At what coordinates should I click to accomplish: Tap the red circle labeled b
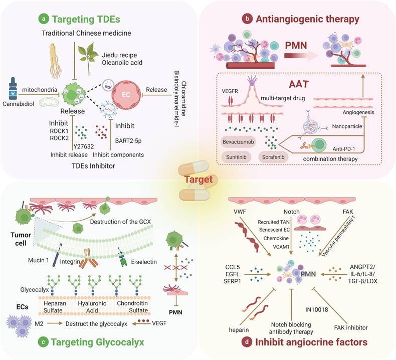(247, 20)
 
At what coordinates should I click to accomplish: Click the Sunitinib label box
(238, 156)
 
